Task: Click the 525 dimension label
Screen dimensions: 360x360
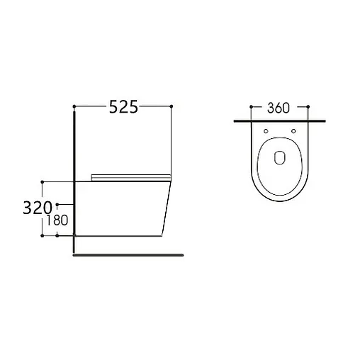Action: [123, 107]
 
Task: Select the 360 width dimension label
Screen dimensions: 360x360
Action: [279, 108]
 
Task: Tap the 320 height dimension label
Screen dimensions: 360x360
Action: [38, 208]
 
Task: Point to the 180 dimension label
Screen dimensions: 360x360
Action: [57, 220]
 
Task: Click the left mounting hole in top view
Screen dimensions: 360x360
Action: [266, 131]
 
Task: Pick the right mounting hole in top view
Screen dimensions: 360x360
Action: [293, 131]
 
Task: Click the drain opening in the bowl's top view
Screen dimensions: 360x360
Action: [280, 157]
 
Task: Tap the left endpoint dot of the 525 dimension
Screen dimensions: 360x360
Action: [74, 106]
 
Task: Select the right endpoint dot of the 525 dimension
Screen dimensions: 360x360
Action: [171, 106]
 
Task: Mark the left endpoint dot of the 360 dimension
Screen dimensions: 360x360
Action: [251, 107]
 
